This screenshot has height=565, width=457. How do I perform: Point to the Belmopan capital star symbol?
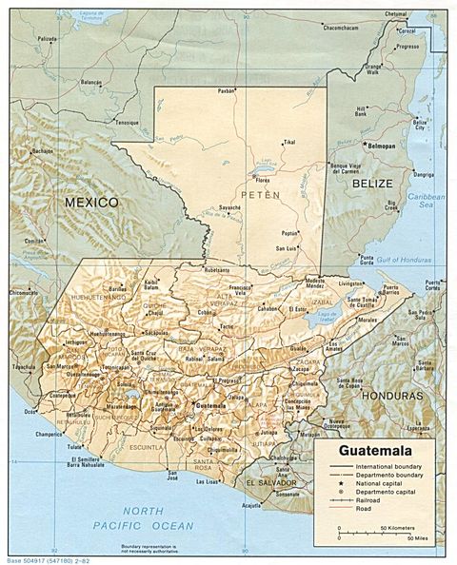[363, 144]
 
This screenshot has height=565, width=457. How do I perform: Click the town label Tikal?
[290, 143]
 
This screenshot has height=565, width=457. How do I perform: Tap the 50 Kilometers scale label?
[397, 526]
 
